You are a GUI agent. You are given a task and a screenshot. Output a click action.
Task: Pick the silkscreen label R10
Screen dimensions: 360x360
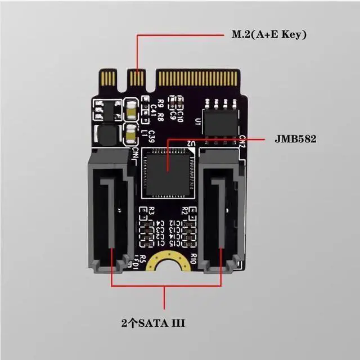coord(192,259)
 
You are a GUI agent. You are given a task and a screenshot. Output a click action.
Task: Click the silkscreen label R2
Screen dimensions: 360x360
coord(184,211)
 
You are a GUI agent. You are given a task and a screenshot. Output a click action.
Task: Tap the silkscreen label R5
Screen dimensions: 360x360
coord(143,259)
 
